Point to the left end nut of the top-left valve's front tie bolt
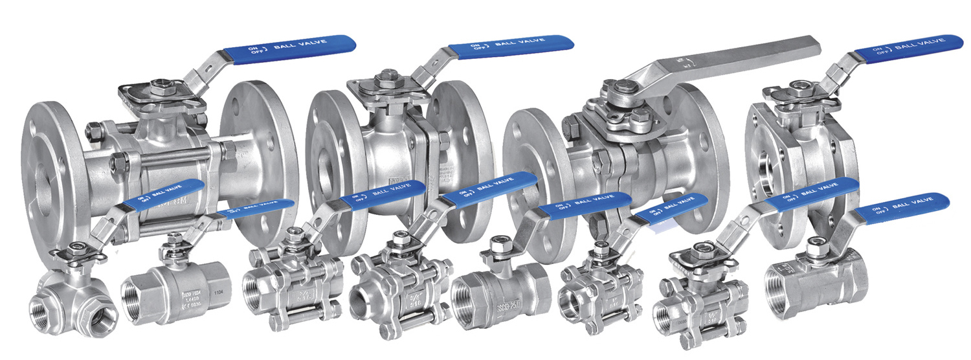tap(118, 159)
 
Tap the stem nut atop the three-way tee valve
tap(79, 247)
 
